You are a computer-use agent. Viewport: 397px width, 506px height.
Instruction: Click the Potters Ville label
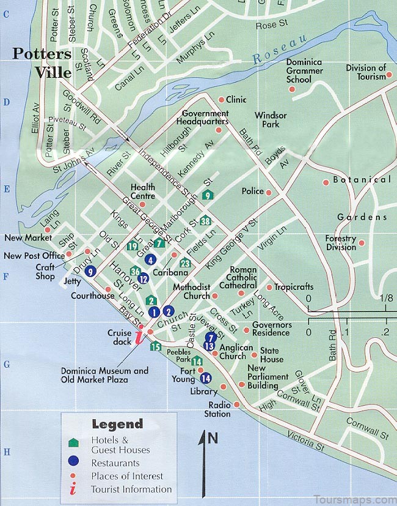tap(42, 62)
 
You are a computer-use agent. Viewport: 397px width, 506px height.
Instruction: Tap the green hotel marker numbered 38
tap(205, 221)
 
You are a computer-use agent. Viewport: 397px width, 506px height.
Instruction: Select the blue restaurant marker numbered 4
tap(150, 259)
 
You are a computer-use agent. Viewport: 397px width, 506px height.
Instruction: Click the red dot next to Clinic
tap(221, 99)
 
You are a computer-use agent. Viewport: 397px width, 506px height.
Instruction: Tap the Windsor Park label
tap(267, 120)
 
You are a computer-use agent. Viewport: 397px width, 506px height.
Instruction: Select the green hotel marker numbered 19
tap(133, 246)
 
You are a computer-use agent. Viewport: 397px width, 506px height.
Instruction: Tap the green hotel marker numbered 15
tap(156, 347)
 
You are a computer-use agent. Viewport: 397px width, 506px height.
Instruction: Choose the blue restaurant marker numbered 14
tap(205, 378)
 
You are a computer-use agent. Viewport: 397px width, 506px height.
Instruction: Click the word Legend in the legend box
tap(117, 423)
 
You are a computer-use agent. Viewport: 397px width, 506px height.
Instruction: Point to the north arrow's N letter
tap(213, 437)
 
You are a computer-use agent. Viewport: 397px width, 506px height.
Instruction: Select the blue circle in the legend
tap(74, 461)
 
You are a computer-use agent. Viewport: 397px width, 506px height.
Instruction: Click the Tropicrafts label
tap(293, 287)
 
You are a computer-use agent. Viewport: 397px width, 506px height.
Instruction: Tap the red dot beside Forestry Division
tap(362, 243)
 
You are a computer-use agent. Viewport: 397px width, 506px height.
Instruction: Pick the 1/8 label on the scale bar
tap(386, 298)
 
